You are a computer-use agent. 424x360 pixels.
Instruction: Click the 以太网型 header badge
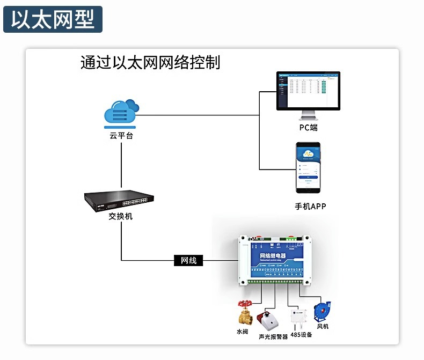tap(53, 20)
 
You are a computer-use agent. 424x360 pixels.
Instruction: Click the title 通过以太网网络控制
tap(150, 62)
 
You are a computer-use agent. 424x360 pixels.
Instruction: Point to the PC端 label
tap(309, 128)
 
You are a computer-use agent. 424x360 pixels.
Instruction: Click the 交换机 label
tap(121, 217)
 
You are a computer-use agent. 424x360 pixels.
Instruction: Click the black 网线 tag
tap(188, 261)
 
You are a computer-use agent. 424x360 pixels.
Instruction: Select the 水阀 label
tap(243, 332)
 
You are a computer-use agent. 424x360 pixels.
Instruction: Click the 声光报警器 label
tap(273, 336)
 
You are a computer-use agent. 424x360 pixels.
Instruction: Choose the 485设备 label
tap(301, 334)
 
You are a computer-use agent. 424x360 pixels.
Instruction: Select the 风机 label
tap(323, 326)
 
